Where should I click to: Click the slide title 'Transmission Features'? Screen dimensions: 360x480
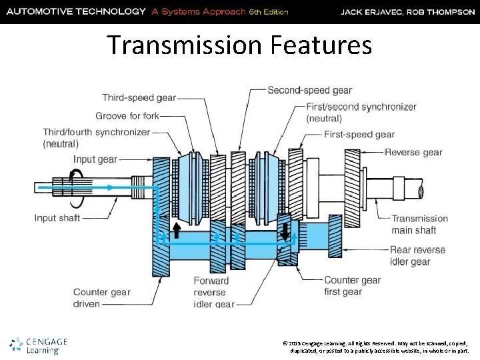point(239,45)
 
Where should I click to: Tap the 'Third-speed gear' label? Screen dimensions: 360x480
point(139,97)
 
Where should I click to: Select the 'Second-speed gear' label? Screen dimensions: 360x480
point(309,90)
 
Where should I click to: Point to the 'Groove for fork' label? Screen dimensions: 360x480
point(127,115)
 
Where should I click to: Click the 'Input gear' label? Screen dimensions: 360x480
point(95,159)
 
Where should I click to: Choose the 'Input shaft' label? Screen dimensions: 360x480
point(57,218)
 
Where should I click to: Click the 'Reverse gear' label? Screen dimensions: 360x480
point(413,152)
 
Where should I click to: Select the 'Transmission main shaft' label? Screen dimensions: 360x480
point(419,225)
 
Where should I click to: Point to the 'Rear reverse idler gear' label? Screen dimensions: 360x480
point(419,256)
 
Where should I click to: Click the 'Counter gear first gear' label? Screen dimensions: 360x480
point(352,286)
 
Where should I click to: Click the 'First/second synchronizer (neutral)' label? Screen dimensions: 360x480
point(361,112)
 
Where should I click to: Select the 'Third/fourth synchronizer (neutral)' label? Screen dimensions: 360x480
point(96,138)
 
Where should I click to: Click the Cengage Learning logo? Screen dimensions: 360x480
point(39,345)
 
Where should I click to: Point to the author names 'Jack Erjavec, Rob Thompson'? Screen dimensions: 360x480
point(407,12)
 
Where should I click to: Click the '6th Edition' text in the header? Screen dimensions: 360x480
point(268,12)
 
